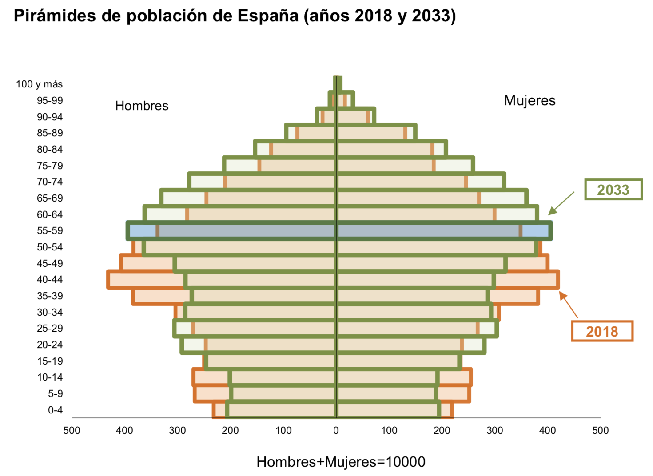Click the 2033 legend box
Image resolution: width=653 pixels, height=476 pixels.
tap(613, 190)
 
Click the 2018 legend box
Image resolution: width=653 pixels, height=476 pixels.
tap(602, 331)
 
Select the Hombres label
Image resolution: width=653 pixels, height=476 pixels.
tap(142, 106)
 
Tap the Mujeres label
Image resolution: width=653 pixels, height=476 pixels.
tap(530, 100)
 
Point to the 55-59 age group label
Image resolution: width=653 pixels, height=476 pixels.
tap(50, 230)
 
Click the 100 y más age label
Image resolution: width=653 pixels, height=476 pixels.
tap(40, 84)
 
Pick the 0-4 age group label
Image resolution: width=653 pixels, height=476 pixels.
tap(55, 410)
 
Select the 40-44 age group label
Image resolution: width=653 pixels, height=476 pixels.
tap(50, 279)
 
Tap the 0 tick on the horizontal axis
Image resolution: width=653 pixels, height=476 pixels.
tap(336, 430)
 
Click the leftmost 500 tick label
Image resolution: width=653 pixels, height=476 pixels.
tap(72, 430)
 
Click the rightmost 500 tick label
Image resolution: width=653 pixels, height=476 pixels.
tap(600, 430)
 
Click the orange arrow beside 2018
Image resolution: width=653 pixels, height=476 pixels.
tap(569, 305)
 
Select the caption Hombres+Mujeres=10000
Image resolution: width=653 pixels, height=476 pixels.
tap(341, 462)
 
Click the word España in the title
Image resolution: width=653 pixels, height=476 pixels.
tap(268, 16)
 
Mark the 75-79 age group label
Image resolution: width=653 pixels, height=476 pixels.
tap(50, 166)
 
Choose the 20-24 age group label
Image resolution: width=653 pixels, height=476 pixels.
tap(50, 345)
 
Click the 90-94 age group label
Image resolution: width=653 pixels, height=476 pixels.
tap(50, 117)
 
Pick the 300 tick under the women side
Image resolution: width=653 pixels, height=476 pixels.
tap(494, 430)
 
